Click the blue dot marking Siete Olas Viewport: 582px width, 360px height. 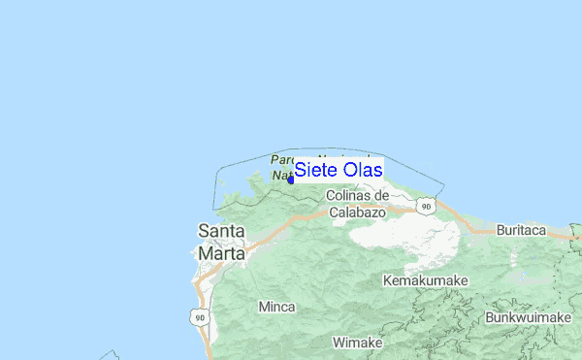pos(291,179)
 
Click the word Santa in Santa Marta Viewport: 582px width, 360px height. pos(221,232)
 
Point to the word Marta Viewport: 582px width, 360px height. pos(221,252)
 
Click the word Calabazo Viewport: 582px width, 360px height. pos(358,211)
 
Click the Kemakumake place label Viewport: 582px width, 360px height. pos(426,280)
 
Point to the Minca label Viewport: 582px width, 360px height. pos(276,307)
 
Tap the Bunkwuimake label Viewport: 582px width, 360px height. pos(528,317)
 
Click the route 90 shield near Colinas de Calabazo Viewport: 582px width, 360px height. pos(426,206)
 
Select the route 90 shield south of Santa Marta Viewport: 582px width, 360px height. pos(199,317)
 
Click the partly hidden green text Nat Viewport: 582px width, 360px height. pos(279,177)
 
